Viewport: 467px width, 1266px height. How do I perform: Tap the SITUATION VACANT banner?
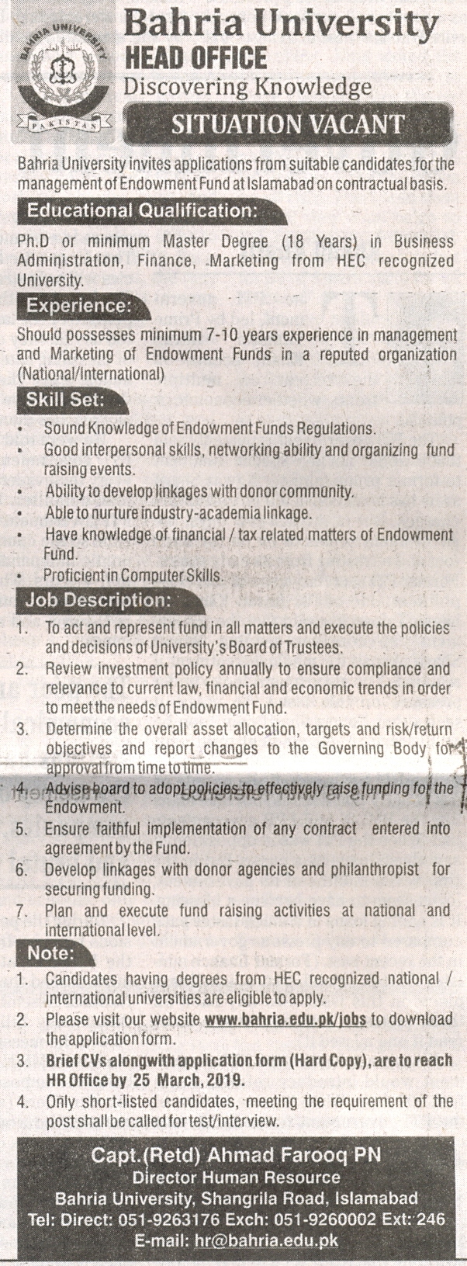coord(288,124)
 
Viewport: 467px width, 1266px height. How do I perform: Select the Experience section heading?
coord(78,306)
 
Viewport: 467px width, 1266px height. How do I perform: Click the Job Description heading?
coord(97,600)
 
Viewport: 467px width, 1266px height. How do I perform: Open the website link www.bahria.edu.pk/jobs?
coord(286,1019)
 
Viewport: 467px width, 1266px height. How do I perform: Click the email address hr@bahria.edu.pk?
coord(277,1240)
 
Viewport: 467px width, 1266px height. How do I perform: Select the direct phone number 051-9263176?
coord(164,1220)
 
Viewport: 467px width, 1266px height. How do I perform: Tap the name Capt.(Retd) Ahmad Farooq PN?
coord(237,1156)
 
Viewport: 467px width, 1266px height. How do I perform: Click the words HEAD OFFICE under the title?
coord(195,57)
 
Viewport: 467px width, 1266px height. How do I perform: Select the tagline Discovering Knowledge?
coord(247,86)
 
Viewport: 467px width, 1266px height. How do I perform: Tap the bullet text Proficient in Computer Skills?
coord(133,575)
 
